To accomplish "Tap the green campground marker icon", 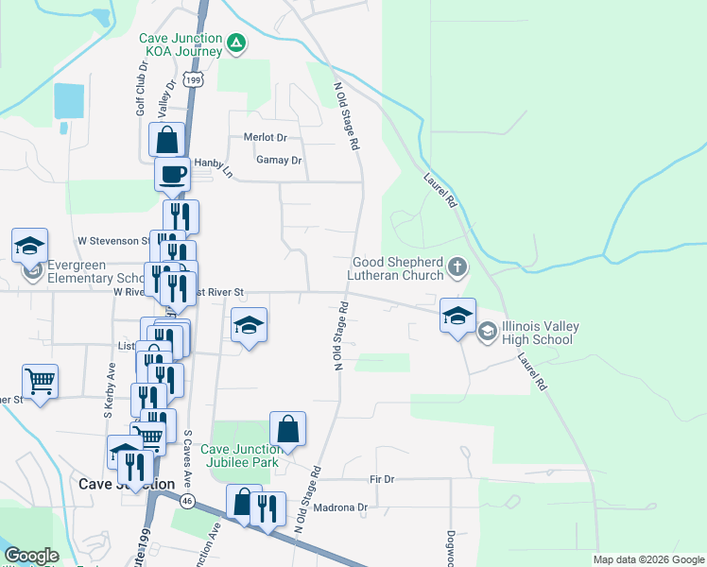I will pyautogui.click(x=236, y=43).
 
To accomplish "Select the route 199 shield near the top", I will pyautogui.click(x=194, y=80).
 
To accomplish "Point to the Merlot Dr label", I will pyautogui.click(x=265, y=138).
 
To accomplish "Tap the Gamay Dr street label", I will pyautogui.click(x=279, y=161).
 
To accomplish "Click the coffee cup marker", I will pyautogui.click(x=173, y=175).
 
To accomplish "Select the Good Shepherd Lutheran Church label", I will pyautogui.click(x=398, y=268).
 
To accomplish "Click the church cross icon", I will pyautogui.click(x=457, y=267).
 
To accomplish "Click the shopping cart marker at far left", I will pyautogui.click(x=40, y=383).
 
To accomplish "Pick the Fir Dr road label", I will pyautogui.click(x=382, y=479).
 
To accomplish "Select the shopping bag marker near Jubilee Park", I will pyautogui.click(x=288, y=429).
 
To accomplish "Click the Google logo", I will pyautogui.click(x=31, y=556).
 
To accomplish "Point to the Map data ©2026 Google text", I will pyautogui.click(x=647, y=559).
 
